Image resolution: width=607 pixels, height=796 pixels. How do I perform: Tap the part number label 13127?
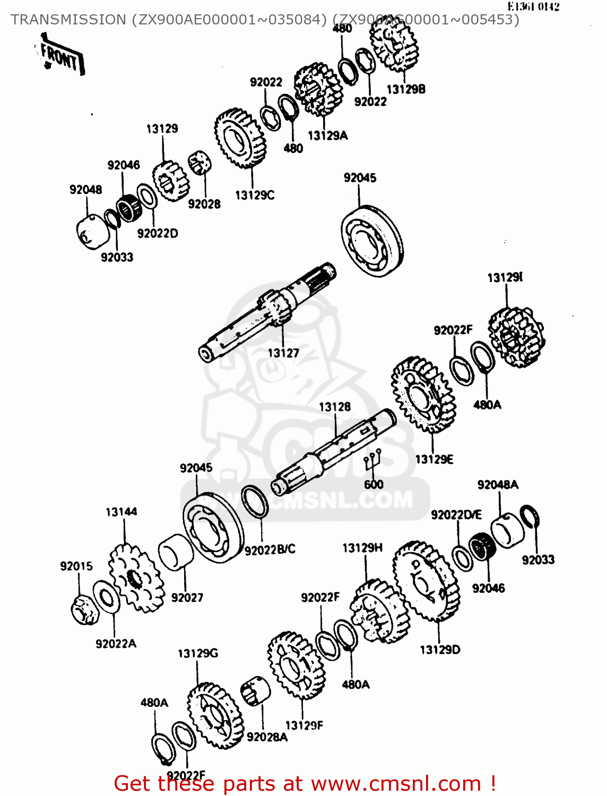(283, 353)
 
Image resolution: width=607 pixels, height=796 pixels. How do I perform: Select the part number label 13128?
(335, 407)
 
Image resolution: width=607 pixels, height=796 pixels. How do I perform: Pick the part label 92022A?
(116, 644)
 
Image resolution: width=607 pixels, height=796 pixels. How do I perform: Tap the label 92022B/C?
(270, 550)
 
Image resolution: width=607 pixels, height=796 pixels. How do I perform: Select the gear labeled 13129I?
(516, 338)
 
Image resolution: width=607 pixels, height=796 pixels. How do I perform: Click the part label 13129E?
(434, 460)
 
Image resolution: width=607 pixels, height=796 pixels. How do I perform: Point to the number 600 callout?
(374, 484)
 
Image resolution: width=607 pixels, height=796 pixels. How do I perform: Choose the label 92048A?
(498, 485)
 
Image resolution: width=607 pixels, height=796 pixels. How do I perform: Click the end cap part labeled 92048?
(91, 231)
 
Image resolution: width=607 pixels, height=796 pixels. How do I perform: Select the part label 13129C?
(255, 195)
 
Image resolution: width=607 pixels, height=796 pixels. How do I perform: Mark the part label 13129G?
(198, 653)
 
